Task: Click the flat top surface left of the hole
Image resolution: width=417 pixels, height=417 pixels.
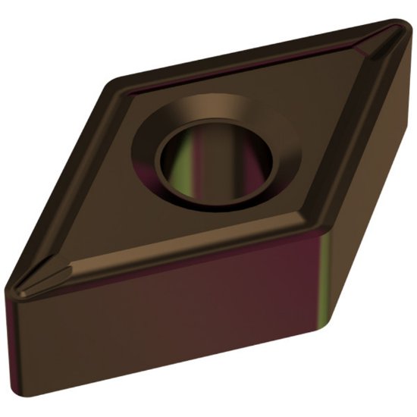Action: (114, 197)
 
